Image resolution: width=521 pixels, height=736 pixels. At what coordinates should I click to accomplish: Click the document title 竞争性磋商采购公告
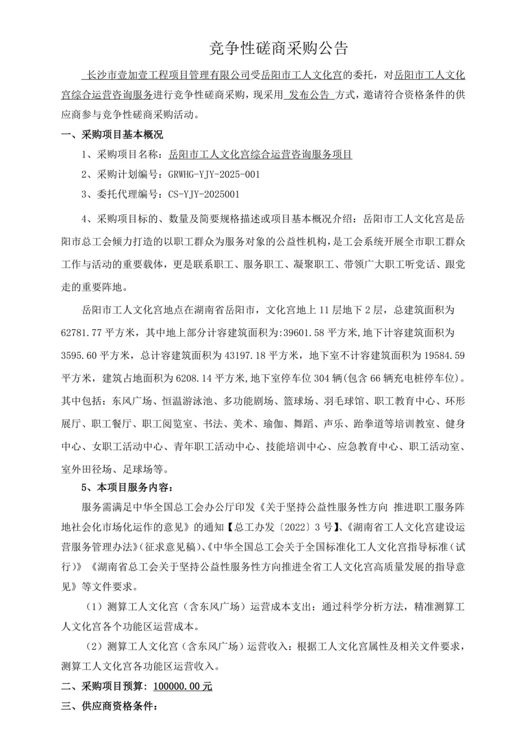click(x=278, y=48)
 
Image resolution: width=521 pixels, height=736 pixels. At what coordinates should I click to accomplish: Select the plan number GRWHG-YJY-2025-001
click(x=214, y=174)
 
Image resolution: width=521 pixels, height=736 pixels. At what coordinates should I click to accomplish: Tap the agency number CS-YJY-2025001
click(x=204, y=195)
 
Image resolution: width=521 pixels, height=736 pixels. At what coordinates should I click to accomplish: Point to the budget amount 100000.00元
click(x=183, y=686)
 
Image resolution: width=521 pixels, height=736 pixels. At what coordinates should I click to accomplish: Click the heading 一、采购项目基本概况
click(x=112, y=135)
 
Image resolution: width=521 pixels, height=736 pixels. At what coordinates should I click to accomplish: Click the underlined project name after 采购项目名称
click(x=261, y=155)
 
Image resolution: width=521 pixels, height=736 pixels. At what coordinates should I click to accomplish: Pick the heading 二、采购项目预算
click(x=105, y=686)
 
